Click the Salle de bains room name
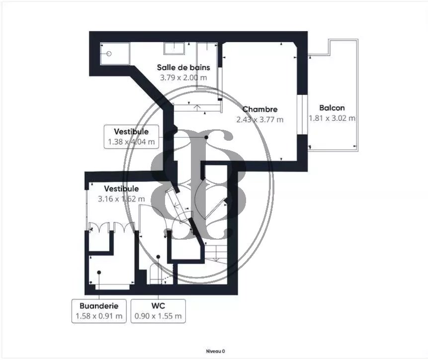click(x=183, y=68)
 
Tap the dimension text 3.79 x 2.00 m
click(x=183, y=78)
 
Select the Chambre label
click(x=260, y=109)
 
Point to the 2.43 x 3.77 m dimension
click(x=260, y=119)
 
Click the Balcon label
click(x=332, y=108)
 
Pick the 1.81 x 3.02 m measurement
click(x=332, y=118)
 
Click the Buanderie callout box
click(x=99, y=311)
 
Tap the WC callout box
click(x=158, y=311)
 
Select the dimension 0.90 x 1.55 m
click(x=158, y=316)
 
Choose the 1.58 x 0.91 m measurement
click(x=99, y=316)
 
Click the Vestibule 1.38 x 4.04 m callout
click(x=131, y=137)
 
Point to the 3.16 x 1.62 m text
click(x=121, y=199)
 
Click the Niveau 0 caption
click(x=216, y=351)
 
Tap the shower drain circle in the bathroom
click(x=109, y=54)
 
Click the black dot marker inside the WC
click(x=158, y=257)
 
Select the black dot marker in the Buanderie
click(x=99, y=272)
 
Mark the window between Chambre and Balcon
click(x=302, y=115)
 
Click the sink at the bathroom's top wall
click(x=174, y=49)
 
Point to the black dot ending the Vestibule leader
click(x=206, y=137)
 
